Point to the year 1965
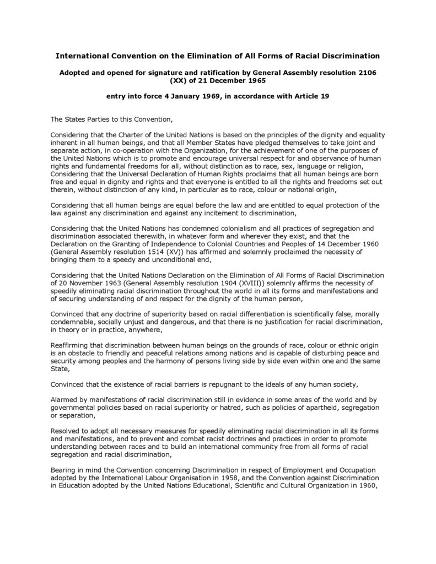255,80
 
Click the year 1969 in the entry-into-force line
193,96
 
